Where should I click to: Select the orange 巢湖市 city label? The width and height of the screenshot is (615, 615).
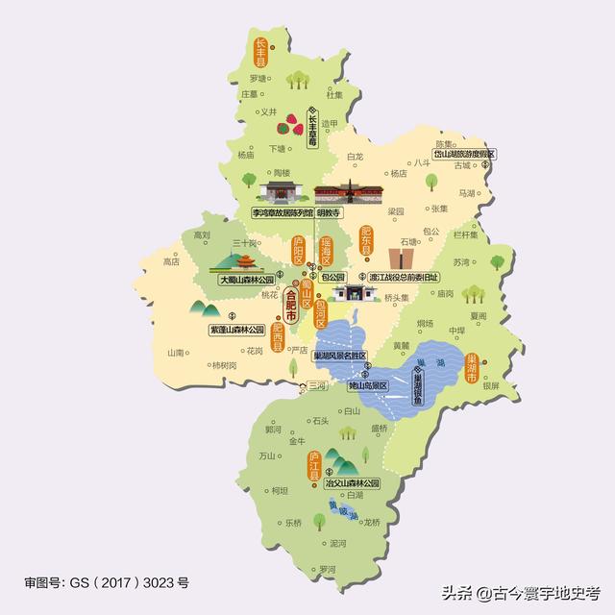(x=472, y=368)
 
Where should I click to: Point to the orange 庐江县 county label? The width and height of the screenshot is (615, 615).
(x=313, y=465)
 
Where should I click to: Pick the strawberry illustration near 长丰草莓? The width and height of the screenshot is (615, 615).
(x=289, y=124)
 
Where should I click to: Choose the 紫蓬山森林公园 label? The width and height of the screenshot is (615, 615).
(x=236, y=329)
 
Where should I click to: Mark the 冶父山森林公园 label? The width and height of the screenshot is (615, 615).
(x=353, y=483)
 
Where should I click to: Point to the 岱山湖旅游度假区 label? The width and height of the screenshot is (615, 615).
(x=463, y=154)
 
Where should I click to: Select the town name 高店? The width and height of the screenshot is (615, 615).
(x=172, y=261)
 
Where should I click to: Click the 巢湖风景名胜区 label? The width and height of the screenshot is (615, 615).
(x=340, y=355)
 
